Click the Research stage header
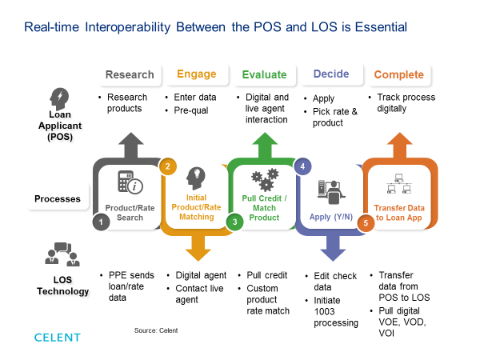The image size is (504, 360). [129, 74]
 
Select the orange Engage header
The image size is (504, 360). [196, 74]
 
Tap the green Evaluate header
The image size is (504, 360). [264, 74]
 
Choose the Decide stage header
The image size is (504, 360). [331, 74]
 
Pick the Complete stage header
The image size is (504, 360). [398, 74]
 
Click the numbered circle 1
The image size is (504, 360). [101, 222]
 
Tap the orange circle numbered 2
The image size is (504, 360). [168, 166]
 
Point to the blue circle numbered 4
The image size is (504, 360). [302, 166]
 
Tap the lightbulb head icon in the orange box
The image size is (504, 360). [195, 178]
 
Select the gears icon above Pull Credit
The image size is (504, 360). [264, 178]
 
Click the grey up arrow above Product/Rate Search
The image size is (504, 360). [129, 144]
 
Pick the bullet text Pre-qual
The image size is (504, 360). [190, 110]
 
